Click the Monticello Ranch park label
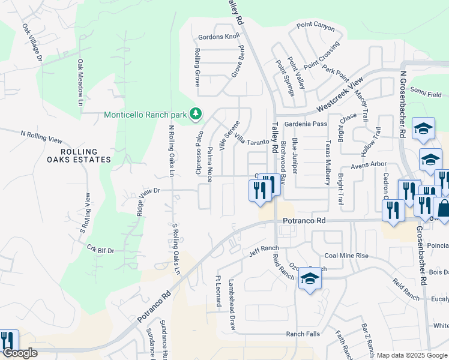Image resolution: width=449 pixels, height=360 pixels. [146, 115]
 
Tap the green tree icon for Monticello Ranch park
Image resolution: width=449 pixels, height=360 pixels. [195, 113]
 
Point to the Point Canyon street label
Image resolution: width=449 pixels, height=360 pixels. [315, 26]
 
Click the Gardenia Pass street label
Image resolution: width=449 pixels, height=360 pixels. [306, 124]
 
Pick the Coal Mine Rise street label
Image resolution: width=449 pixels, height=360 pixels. [346, 256]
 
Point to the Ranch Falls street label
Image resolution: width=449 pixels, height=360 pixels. [303, 334]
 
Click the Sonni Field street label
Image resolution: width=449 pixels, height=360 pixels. [426, 95]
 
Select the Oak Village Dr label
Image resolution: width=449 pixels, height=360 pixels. [32, 43]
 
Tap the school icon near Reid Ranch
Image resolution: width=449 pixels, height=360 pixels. [310, 278]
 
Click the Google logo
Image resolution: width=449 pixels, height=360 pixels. [19, 353]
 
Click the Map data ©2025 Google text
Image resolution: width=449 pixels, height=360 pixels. [412, 355]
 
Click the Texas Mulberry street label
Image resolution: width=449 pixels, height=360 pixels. [328, 161]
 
